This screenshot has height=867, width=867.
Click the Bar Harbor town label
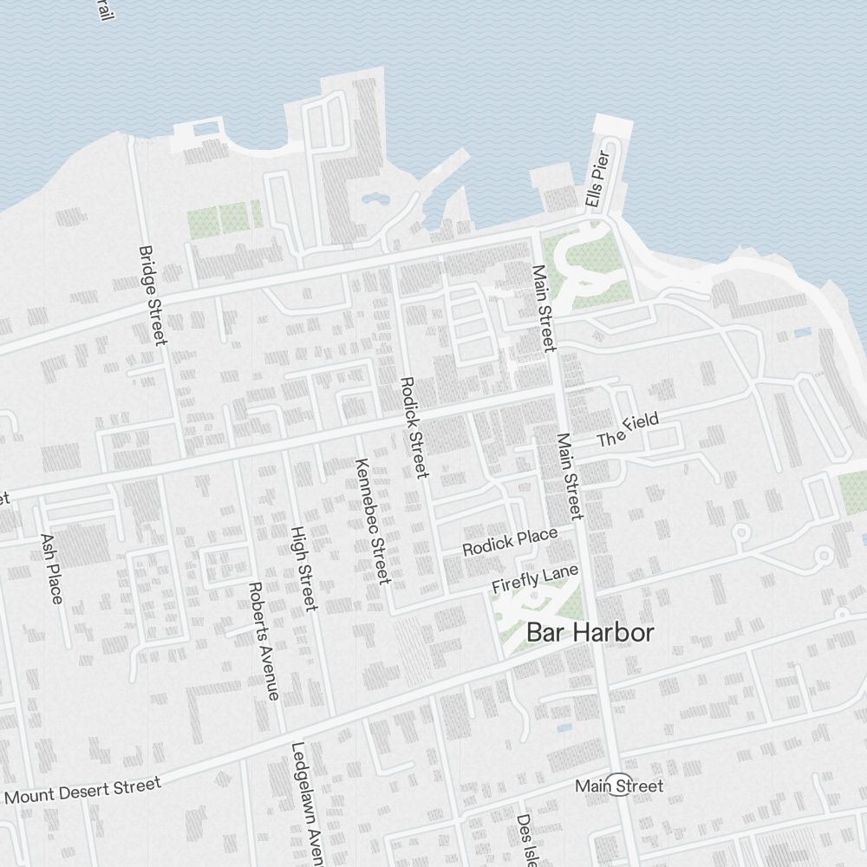pos(590,633)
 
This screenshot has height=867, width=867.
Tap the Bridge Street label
pos(152,295)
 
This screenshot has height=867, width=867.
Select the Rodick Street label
pos(414,427)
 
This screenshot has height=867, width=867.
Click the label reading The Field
pos(628,430)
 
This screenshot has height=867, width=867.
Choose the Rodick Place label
pos(510,543)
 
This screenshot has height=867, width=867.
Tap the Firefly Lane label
pos(534,579)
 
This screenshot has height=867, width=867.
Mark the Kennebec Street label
pos(371,520)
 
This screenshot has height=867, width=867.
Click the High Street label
pos(304,568)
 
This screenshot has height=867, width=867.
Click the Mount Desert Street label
pos(83,791)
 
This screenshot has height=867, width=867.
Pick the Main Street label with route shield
pos(619,786)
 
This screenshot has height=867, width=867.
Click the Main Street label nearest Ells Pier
pos(543,308)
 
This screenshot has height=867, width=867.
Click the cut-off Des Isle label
pos(525,839)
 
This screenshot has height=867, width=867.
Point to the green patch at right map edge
pos(853,492)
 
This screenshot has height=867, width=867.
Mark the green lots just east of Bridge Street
pos(223,218)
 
